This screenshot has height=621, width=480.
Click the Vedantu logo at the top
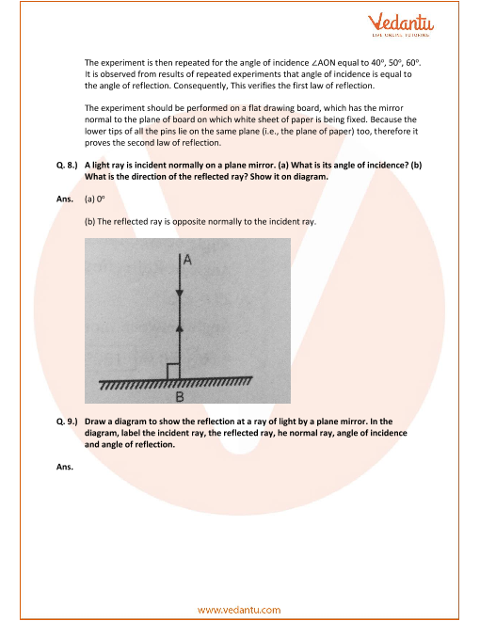point(401,24)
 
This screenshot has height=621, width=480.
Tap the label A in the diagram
point(187,260)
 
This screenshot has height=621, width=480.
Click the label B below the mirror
point(180,396)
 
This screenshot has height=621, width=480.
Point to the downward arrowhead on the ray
point(180,294)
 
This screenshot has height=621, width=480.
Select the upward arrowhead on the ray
point(180,327)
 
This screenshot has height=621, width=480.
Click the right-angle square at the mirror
point(173,371)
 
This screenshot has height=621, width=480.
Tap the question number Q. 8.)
point(67,166)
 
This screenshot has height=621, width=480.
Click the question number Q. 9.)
point(67,422)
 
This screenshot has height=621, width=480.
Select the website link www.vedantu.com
point(239,610)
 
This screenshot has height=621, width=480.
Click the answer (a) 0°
point(95,199)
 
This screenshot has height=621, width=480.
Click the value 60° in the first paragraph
point(412,63)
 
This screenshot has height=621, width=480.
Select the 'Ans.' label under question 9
point(65,467)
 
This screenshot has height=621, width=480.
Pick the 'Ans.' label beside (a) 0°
point(65,199)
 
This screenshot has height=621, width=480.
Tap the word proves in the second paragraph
point(96,143)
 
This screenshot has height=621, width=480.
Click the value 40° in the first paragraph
point(377,63)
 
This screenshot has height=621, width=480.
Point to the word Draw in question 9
point(94,422)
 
